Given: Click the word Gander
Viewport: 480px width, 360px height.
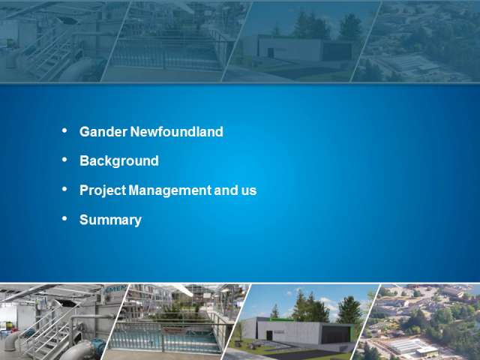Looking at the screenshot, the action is click(103, 132).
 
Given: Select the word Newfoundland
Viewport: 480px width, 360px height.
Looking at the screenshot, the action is click(177, 132).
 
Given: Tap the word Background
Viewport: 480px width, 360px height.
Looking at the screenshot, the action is click(119, 161).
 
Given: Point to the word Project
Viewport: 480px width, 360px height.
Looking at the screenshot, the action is click(103, 190).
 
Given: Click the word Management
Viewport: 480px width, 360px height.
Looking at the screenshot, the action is click(170, 190).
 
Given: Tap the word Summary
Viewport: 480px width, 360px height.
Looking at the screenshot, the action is click(110, 220).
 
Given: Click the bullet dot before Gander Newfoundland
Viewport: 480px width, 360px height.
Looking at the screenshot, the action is click(64, 130).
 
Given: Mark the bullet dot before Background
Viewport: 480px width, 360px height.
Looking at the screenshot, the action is click(64, 160).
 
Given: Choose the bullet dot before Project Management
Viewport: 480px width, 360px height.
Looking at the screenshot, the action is click(64, 189).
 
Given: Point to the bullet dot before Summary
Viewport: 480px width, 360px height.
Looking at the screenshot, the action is click(64, 218).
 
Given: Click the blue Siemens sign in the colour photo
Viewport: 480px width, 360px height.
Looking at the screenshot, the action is click(115, 289).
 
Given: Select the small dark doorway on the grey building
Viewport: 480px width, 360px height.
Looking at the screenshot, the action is click(269, 335).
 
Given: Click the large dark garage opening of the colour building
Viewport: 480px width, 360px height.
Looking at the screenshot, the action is click(335, 334).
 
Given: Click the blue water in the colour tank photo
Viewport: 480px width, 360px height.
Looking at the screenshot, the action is click(165, 338).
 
